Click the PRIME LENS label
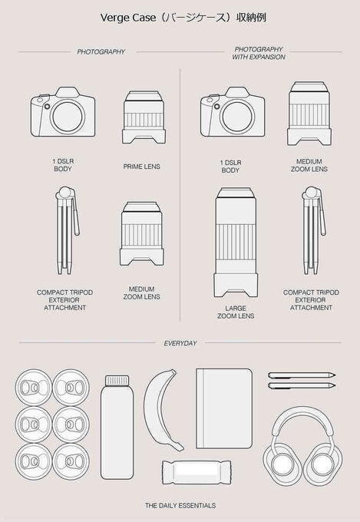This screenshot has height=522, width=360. pos(141,167)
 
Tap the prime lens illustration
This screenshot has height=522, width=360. pos(144,117)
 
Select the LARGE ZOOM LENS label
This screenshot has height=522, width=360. pos(236,312)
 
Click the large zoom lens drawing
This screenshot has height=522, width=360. pos(236,242)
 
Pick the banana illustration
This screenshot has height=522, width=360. pos(162,409)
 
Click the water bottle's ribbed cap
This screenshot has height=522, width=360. pos(117,381)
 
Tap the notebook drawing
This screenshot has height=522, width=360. pos(224,408)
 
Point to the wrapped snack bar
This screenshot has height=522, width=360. pos(197,472)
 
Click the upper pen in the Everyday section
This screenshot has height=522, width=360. pos(302,375)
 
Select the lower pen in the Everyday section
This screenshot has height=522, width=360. pos(302,386)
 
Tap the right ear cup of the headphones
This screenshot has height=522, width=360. pos(322,464)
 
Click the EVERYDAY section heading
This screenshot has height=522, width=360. pos(180,343)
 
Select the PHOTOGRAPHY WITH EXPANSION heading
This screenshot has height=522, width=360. pos(259,53)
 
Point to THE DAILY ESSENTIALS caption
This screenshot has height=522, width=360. pos(180,505)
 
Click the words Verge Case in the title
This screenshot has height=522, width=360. pos(128,18)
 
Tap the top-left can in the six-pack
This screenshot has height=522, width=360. pos(33,387)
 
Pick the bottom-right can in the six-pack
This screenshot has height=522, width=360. pos(71,461)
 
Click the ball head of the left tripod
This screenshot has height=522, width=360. pos(64,192)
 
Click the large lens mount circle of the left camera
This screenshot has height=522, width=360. pos(68,116)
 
